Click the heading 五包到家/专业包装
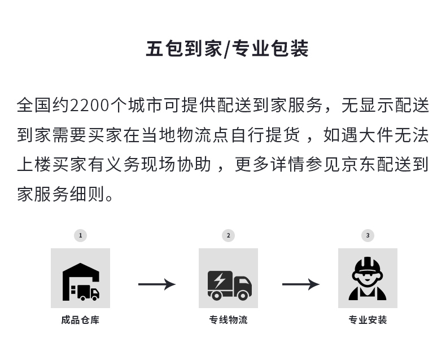[227, 49]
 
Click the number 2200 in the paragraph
[89, 105]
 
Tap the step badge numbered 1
[80, 235]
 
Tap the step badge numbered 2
[228, 235]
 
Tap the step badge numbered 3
[368, 235]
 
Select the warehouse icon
[81, 282]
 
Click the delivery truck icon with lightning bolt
[230, 285]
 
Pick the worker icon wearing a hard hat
[368, 279]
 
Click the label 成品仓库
[80, 320]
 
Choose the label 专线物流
[228, 320]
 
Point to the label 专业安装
[368, 320]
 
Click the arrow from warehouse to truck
[157, 284]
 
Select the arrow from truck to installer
[301, 284]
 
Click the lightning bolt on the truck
[219, 280]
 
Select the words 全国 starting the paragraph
[34, 105]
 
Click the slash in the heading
[227, 49]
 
